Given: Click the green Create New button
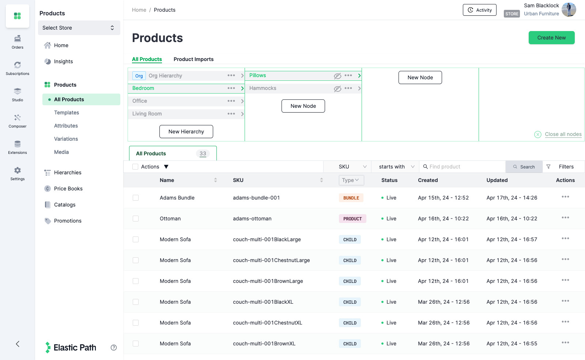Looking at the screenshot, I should coord(551,38).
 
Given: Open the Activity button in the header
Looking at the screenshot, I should coord(479,10).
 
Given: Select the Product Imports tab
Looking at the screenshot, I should coord(193,59).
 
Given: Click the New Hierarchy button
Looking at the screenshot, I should coord(186,132).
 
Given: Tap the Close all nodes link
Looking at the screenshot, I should coord(563,134).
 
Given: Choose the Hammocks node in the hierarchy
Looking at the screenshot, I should coord(263,88).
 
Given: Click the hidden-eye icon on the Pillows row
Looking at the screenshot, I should coord(337,76).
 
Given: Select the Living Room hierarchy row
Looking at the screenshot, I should coord(147,114).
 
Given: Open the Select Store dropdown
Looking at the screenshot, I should coord(79,28).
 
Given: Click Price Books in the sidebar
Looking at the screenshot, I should coord(68,189).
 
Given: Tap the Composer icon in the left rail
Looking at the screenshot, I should coord(18,118).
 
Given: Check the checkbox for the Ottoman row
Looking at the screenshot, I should coord(136,219).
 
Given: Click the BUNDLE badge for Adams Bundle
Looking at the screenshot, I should coord(351,198).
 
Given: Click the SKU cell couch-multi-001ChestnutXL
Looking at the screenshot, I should coord(267,323).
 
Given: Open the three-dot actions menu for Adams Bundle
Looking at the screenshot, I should coord(565,197).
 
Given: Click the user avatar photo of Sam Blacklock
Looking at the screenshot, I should coord(569,10).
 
